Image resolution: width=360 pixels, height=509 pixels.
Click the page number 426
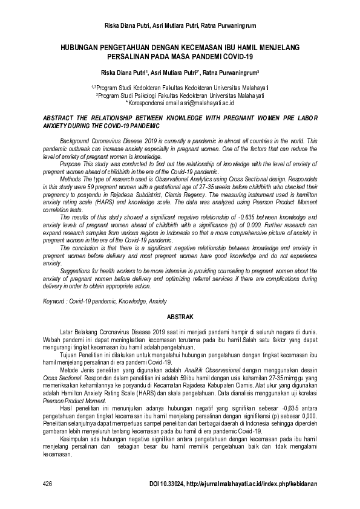coord(48,484)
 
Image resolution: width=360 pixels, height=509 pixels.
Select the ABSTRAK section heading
coord(180,316)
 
